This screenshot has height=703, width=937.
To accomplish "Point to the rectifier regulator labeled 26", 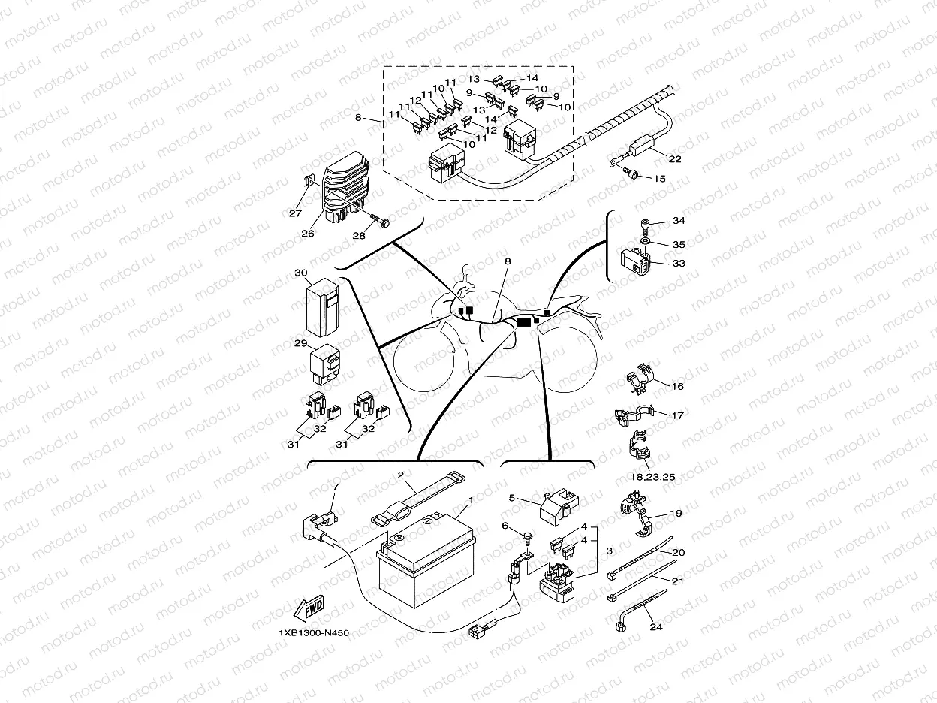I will (x=345, y=189).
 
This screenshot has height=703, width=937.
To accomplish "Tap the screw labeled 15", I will (x=632, y=176).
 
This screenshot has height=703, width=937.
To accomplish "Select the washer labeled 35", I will (x=645, y=243).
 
